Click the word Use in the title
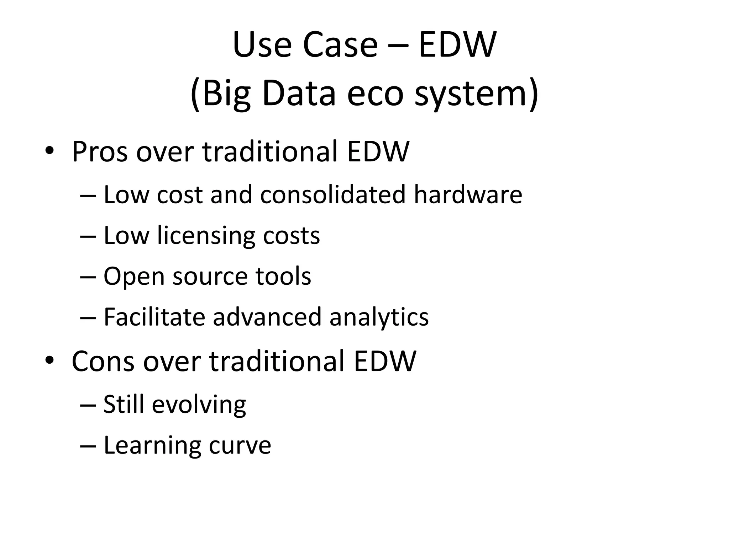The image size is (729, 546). coord(262,45)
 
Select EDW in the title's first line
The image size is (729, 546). coord(457,45)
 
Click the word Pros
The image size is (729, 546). coord(100,152)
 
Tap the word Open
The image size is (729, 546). coord(134,277)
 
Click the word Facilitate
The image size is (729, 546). coord(154,317)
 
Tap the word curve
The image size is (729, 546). coord(240,445)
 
